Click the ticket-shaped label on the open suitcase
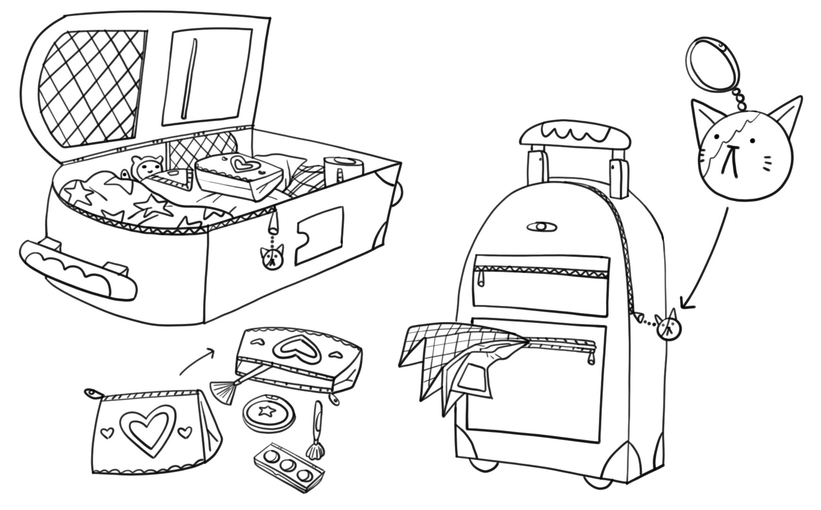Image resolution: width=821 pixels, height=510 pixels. pos(318,234)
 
